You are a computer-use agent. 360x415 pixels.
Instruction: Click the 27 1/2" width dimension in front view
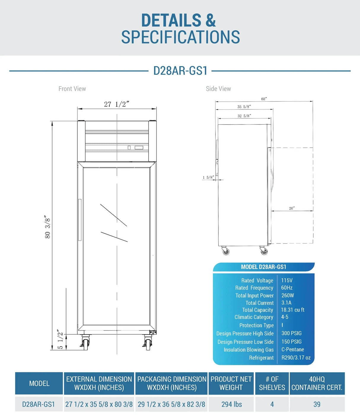point(117,104)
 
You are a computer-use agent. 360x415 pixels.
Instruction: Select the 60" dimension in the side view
point(264,99)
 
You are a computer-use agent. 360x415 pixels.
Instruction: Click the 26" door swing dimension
point(292,208)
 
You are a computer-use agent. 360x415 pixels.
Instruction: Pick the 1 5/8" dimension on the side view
point(208,177)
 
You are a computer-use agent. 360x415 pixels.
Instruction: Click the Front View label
point(72,89)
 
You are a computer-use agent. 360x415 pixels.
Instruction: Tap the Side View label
point(218,89)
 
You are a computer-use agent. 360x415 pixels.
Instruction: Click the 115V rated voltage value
point(287,280)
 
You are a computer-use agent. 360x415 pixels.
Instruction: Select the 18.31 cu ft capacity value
point(293,310)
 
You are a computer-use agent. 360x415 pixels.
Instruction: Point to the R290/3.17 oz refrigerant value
point(296,358)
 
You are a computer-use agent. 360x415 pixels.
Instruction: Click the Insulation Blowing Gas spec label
point(249,350)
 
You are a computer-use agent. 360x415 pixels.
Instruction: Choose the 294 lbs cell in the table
point(232,404)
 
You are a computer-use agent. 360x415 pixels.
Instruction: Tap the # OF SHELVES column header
point(272,383)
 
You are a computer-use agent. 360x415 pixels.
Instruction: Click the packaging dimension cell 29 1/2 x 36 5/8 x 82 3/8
point(171,404)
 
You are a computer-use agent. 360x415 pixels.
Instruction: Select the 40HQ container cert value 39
point(317,404)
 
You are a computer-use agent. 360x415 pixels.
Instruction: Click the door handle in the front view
point(80,220)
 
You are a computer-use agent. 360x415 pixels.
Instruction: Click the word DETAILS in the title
point(171,20)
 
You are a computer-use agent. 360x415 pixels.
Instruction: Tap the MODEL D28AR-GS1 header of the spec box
point(264,267)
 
